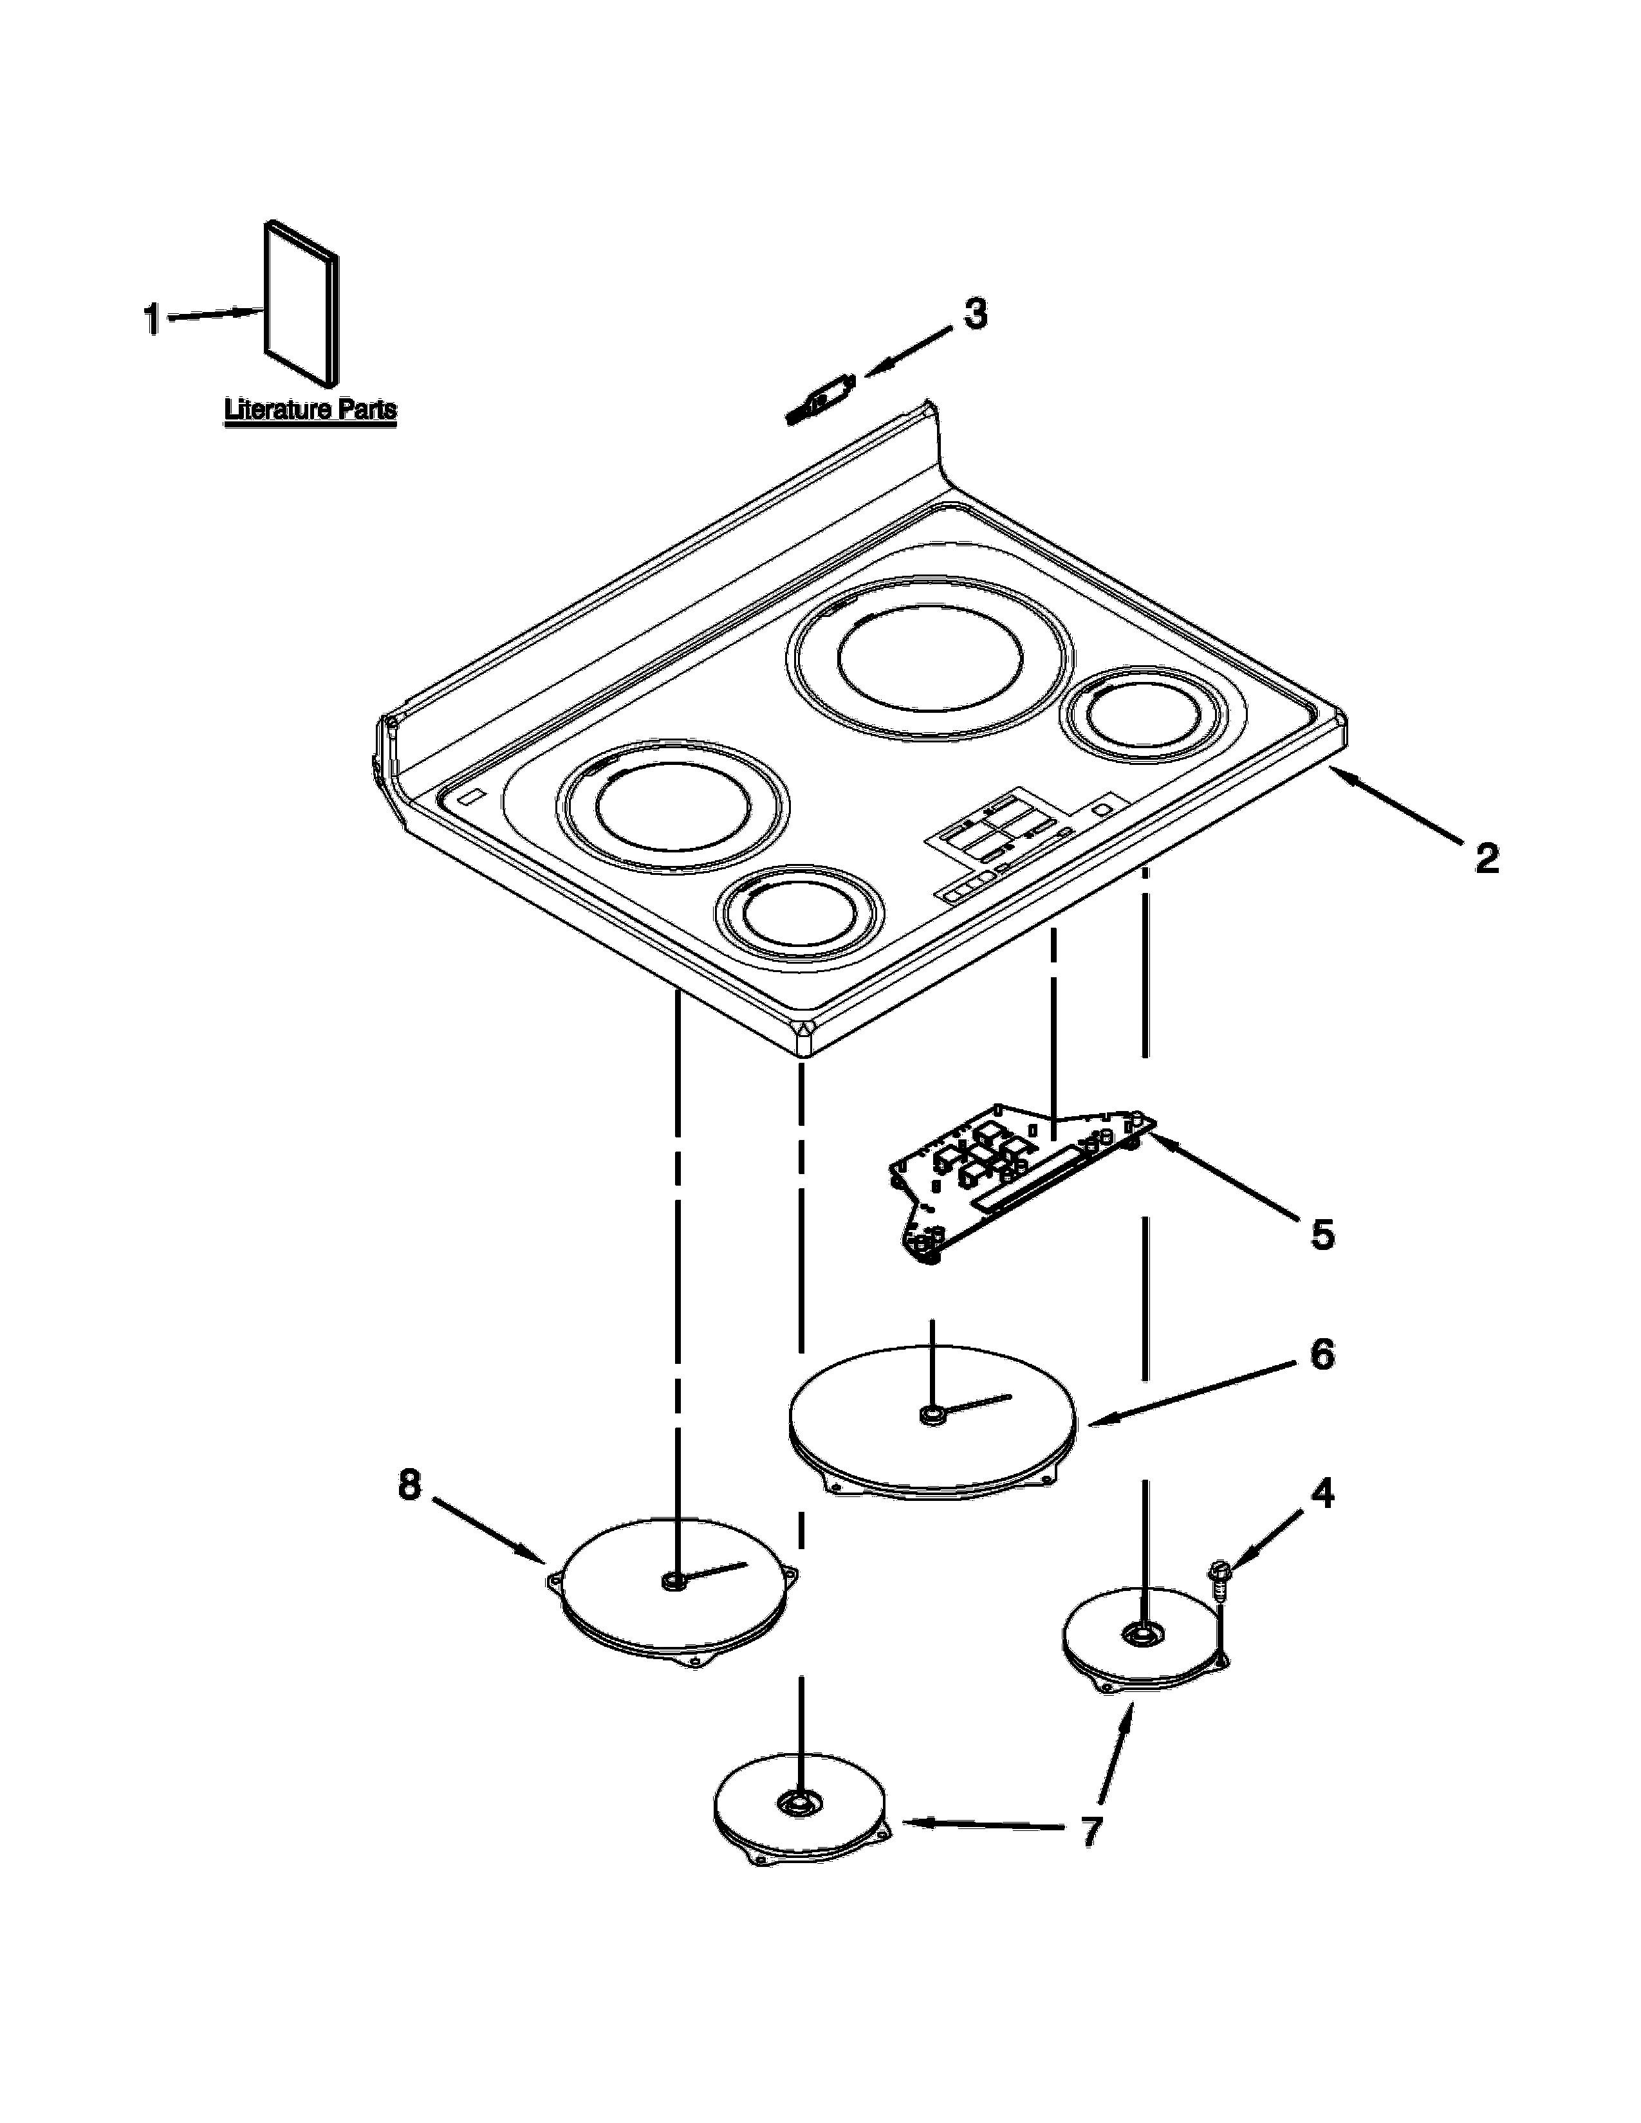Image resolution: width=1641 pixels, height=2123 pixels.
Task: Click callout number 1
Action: coord(152,319)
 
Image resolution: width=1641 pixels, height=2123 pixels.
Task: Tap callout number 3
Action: coord(975,314)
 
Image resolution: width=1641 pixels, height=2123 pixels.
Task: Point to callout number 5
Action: coord(1322,1235)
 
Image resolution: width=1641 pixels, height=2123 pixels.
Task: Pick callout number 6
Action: coord(1322,1354)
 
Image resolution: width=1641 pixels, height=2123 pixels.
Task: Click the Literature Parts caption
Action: coord(310,409)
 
